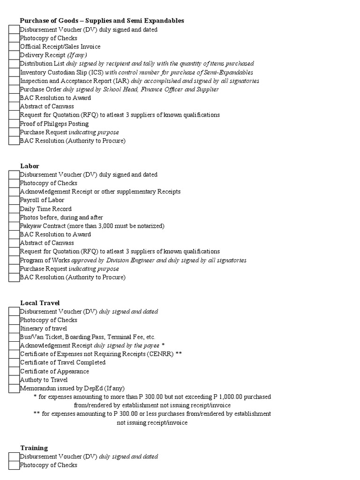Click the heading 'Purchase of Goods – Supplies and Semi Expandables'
tap(102, 21)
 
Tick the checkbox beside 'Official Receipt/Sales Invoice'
tap(14, 47)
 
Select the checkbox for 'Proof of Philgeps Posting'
tap(14, 124)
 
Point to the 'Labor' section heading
tap(30, 166)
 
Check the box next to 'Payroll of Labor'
tap(14, 200)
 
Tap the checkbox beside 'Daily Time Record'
tap(14, 209)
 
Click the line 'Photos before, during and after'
tap(61, 217)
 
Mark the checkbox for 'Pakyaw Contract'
tap(14, 226)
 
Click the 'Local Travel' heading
tap(40, 303)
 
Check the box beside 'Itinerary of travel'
tap(14, 329)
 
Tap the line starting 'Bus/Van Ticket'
tap(87, 337)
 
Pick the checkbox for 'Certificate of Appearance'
tap(14, 371)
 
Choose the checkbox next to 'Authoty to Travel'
tap(14, 380)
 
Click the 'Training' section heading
tap(34, 448)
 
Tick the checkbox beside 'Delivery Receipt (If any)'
tap(14, 55)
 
